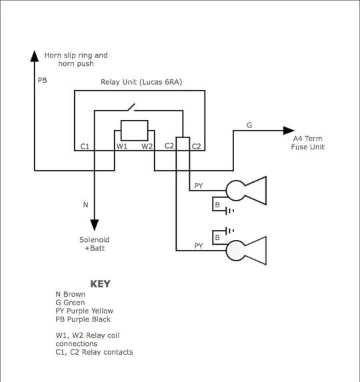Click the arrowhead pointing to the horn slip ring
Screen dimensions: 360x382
pyautogui.click(x=35, y=56)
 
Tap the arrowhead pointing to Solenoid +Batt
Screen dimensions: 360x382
pyautogui.click(x=94, y=225)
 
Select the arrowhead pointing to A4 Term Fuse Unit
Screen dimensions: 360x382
pyautogui.click(x=289, y=131)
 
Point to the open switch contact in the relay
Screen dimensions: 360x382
pyautogui.click(x=131, y=107)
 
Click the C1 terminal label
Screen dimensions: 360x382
pyautogui.click(x=85, y=146)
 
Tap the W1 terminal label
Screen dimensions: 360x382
pyautogui.click(x=121, y=146)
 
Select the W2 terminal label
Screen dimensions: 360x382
pyautogui.click(x=147, y=146)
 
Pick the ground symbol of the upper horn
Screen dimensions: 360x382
pyautogui.click(x=229, y=211)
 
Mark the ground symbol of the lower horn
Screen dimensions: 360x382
pyautogui.click(x=229, y=231)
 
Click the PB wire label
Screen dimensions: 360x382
pyautogui.click(x=42, y=81)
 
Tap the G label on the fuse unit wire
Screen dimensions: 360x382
pyautogui.click(x=249, y=125)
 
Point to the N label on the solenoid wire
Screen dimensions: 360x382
pyautogui.click(x=85, y=205)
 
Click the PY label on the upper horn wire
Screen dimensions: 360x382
pyautogui.click(x=199, y=186)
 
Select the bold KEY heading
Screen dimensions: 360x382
pyautogui.click(x=100, y=284)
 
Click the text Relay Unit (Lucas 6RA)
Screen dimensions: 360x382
pyautogui.click(x=141, y=82)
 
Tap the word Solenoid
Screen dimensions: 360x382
pyautogui.click(x=94, y=240)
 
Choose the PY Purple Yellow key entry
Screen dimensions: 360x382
pyautogui.click(x=84, y=311)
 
